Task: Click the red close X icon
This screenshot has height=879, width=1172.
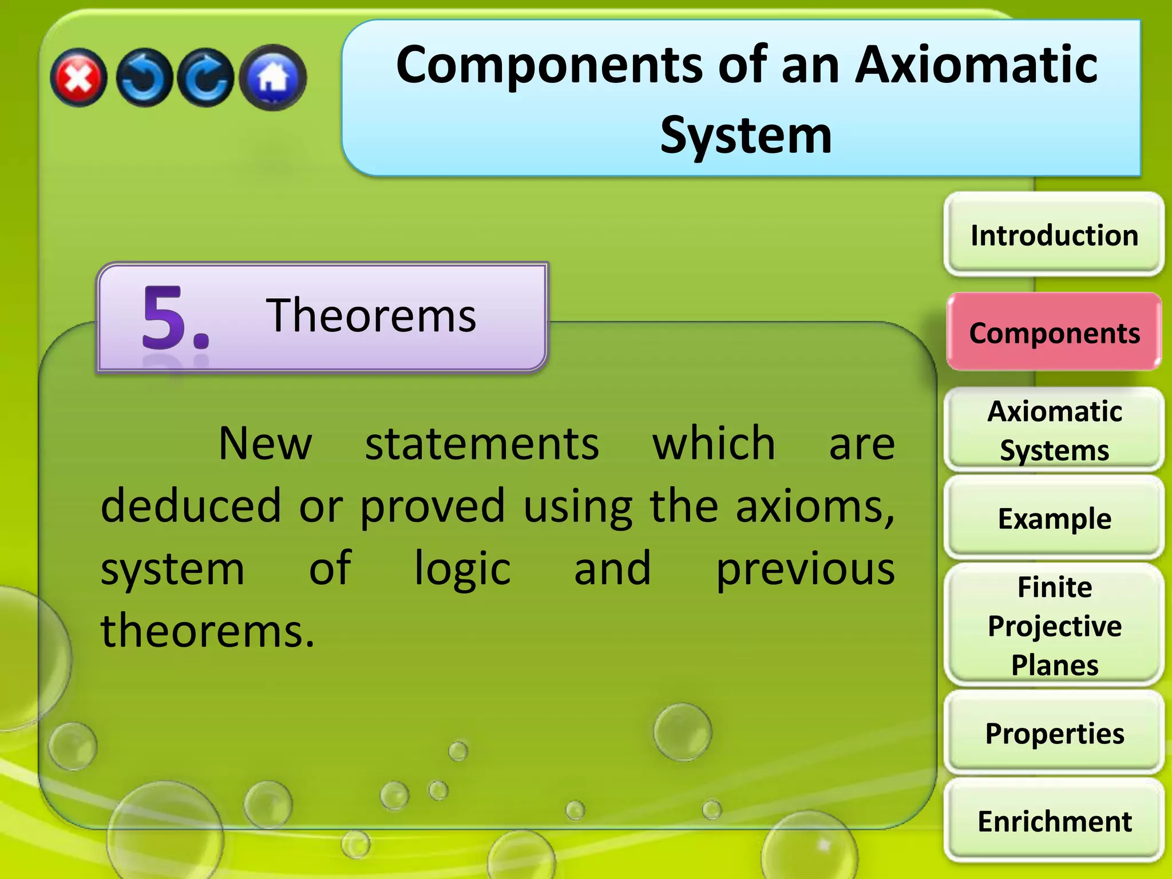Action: [x=78, y=78]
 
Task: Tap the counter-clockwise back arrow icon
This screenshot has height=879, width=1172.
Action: [x=144, y=78]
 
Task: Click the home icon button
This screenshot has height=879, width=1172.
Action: [x=273, y=78]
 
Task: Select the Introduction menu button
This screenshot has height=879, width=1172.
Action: [x=1054, y=235]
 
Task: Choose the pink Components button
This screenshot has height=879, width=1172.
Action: [x=1054, y=332]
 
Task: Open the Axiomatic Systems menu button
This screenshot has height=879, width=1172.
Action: [x=1054, y=430]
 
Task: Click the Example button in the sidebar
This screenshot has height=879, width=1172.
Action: [x=1054, y=518]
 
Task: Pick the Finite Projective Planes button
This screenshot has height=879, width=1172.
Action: [x=1054, y=625]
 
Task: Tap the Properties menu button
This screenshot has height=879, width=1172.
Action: [x=1054, y=733]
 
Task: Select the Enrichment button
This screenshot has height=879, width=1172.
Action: [x=1054, y=821]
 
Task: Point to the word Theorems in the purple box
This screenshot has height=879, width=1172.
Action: [x=371, y=315]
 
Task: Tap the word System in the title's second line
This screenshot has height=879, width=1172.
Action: [x=746, y=136]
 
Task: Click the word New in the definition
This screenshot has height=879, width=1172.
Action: [x=265, y=444]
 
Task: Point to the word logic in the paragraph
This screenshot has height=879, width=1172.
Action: [x=462, y=569]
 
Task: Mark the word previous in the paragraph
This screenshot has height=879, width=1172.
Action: [x=805, y=569]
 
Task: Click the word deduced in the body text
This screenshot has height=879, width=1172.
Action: [x=191, y=506]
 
